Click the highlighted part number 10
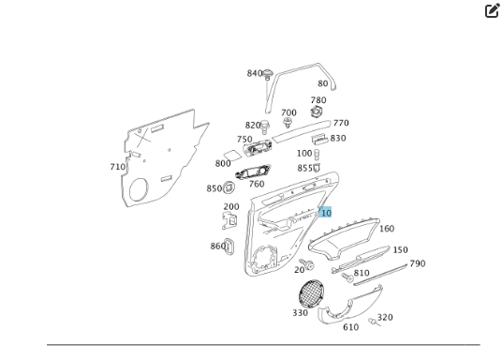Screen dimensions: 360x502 click(325, 213)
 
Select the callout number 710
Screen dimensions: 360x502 click(117, 167)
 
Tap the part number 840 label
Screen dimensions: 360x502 click(255, 73)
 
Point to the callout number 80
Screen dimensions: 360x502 click(322, 83)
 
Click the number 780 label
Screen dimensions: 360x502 click(318, 100)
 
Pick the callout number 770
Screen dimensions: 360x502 click(341, 123)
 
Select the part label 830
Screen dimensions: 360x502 click(337, 138)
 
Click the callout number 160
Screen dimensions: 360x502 click(386, 229)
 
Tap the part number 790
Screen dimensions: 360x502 click(417, 263)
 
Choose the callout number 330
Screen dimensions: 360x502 click(300, 313)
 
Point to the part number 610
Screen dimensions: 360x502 click(350, 327)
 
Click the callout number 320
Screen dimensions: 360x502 click(385, 318)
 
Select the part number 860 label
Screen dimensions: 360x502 click(218, 246)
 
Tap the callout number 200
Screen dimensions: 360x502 click(230, 206)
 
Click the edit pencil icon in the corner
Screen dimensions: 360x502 click(492, 11)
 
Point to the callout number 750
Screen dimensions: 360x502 click(244, 140)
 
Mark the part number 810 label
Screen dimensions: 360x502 click(362, 274)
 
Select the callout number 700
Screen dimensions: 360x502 click(288, 112)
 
